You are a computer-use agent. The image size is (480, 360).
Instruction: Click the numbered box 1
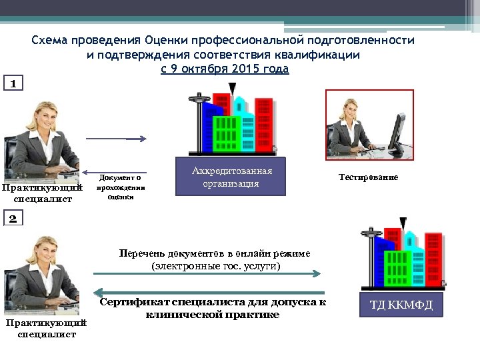pos(14,83)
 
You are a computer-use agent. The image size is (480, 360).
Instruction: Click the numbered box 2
pos(14,219)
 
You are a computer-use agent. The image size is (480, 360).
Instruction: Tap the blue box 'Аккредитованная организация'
pos(230,176)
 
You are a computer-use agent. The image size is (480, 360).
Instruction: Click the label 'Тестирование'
pos(368,177)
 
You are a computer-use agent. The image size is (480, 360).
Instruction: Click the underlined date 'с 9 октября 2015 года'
pos(225,69)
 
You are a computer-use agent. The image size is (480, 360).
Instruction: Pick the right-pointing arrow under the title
pos(116,139)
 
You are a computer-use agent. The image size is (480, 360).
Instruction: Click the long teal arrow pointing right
pos(207,273)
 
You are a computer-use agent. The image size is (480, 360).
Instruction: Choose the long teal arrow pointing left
pos(211,293)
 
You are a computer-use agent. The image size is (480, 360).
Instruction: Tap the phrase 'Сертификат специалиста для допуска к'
pos(213,302)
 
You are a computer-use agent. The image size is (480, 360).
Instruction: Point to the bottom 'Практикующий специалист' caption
pos(46,329)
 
